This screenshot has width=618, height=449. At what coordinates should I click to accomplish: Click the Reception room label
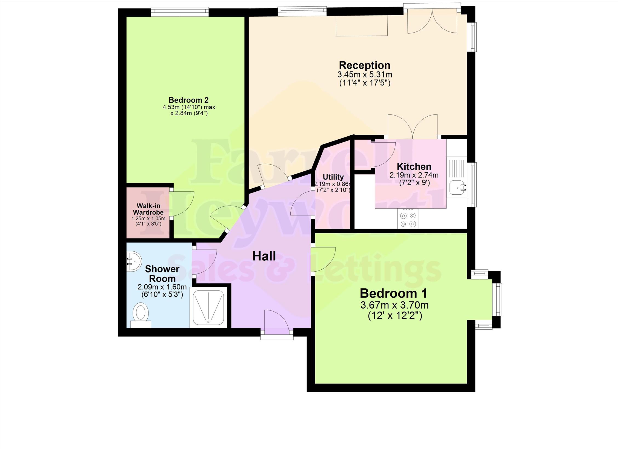pos(365,65)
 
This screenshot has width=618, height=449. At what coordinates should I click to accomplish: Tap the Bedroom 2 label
pos(188,100)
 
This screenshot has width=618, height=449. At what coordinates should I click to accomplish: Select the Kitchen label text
pos(414,166)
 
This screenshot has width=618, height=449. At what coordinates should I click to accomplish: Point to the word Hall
pos(264,256)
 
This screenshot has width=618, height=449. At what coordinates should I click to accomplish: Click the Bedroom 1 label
pos(393,293)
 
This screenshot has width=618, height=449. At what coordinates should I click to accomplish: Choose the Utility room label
pos(333,177)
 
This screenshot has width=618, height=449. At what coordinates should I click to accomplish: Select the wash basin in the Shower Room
pos(134,261)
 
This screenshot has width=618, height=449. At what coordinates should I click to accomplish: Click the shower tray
pos(209,307)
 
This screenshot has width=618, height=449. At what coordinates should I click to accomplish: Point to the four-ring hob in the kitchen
pos(408,218)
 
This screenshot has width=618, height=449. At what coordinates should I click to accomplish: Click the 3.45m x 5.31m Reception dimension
pos(365,74)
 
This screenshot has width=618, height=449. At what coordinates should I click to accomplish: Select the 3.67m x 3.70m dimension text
pos(394,305)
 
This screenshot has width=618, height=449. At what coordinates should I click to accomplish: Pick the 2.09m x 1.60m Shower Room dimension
pos(162,287)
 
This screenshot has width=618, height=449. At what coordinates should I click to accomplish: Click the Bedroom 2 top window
pos(180,11)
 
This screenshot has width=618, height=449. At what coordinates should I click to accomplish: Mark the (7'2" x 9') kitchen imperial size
pos(414,182)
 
